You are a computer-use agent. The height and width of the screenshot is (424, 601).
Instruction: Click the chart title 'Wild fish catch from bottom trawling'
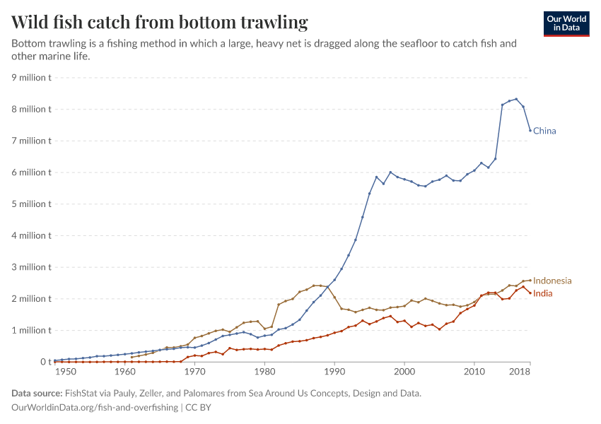coord(160,23)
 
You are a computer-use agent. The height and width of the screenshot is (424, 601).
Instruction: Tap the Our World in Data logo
coord(566,23)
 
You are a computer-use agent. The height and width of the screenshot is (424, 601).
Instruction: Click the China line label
coord(544,131)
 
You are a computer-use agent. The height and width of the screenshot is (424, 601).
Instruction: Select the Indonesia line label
coord(552,281)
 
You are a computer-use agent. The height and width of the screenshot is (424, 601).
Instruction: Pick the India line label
coord(543,293)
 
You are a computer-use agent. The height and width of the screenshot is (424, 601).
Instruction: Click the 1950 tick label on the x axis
coord(66,372)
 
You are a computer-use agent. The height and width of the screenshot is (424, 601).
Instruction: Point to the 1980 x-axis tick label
coord(264,372)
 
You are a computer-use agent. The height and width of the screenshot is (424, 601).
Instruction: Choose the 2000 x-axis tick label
coord(404,372)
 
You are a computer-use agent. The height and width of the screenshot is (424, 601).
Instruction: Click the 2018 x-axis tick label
coord(520,372)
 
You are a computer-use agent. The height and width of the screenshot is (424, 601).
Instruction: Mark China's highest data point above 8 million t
coord(516,99)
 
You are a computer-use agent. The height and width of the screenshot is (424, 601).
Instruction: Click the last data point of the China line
coord(530,130)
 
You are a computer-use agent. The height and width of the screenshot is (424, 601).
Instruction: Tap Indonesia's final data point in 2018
coord(530,281)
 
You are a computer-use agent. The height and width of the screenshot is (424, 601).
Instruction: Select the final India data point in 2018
coord(530,293)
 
